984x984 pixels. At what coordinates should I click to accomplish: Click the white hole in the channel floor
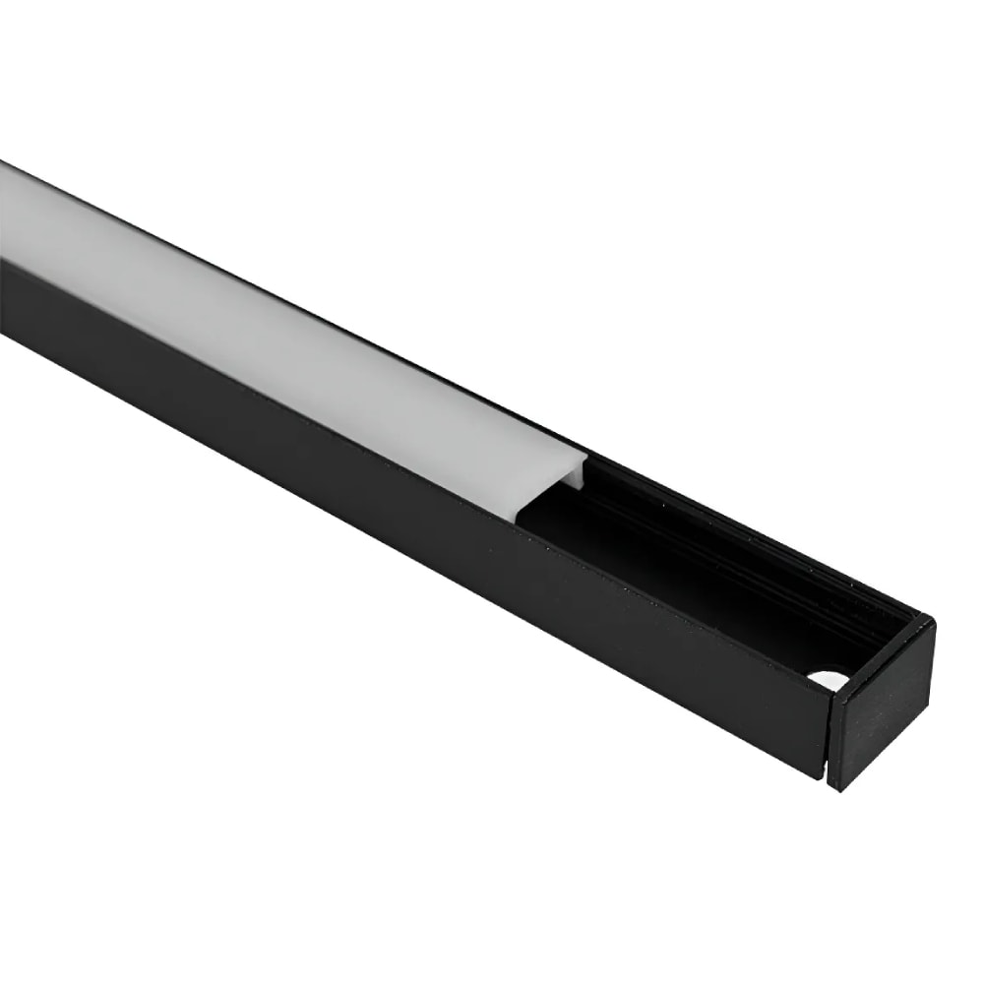(x=824, y=678)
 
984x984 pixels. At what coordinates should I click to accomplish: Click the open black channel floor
(x=689, y=590)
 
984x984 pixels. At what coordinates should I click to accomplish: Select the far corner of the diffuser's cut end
(x=586, y=456)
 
